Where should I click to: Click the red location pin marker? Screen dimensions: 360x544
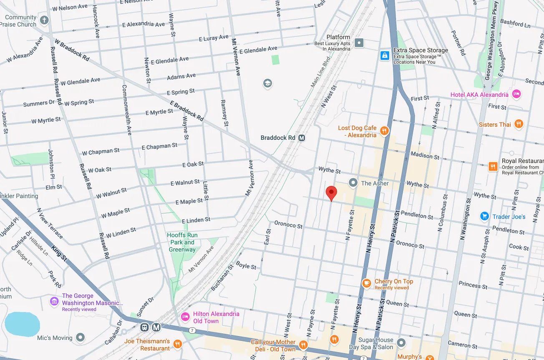331,193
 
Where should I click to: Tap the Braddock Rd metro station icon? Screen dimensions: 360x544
302,138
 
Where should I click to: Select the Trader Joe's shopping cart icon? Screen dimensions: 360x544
484,216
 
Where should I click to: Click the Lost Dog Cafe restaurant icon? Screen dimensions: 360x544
384,131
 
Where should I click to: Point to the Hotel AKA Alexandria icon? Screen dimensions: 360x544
516,94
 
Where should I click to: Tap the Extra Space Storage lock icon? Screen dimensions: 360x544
384,55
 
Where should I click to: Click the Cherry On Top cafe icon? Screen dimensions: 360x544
366,283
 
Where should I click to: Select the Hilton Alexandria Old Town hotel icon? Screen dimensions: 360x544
185,317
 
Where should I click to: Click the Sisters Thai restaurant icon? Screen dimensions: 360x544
519,124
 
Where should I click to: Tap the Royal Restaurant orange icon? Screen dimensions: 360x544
493,166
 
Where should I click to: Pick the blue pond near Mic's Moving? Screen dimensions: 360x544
22,324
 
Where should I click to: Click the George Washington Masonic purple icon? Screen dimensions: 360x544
54,301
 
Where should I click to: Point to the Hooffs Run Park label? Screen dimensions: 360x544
182,242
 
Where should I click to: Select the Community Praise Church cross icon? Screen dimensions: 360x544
44,20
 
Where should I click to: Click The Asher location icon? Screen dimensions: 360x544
353,183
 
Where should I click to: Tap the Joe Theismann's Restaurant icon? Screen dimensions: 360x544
177,344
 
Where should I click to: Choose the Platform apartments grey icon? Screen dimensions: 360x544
359,43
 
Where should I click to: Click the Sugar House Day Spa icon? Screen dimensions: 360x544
401,343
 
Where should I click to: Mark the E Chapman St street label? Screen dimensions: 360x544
159,146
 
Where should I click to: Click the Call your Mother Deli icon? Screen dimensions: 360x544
303,345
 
